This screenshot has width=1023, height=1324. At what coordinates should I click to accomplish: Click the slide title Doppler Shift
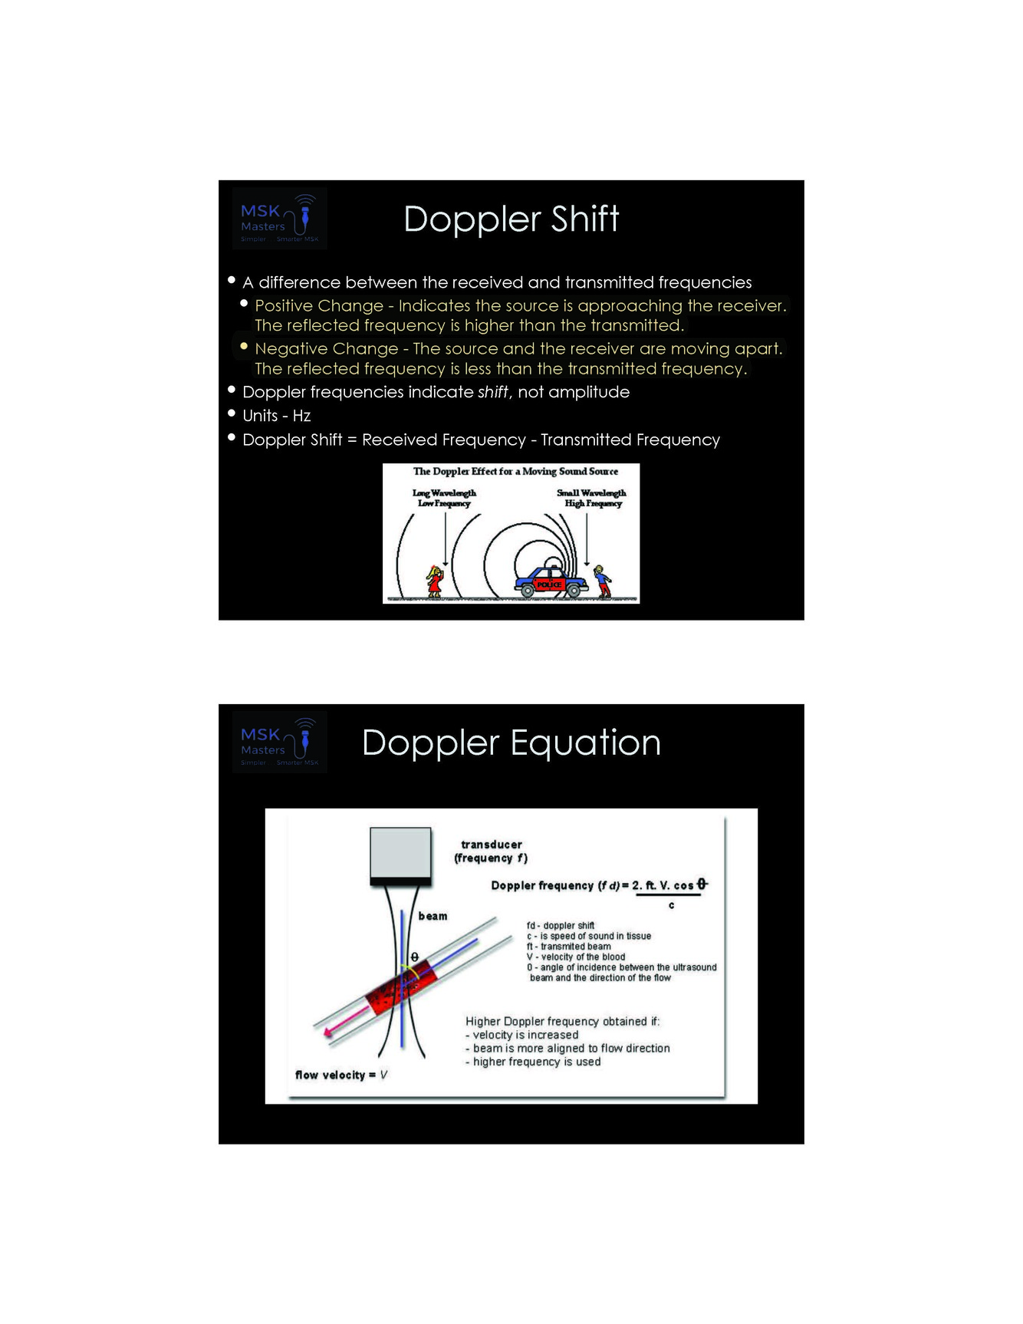511,219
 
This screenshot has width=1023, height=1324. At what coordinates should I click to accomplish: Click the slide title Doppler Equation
511,743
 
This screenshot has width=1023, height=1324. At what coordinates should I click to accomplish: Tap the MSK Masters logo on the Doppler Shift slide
280,219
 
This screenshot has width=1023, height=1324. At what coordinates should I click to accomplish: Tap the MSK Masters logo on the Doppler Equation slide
280,742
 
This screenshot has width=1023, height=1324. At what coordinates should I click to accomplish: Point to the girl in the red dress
435,581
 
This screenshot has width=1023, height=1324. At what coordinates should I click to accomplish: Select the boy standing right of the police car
603,581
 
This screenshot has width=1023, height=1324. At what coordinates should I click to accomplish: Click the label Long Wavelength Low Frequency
444,498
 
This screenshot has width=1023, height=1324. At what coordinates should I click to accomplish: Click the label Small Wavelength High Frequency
592,498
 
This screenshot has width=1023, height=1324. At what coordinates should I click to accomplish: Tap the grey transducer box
400,853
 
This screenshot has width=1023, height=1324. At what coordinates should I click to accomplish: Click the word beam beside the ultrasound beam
433,916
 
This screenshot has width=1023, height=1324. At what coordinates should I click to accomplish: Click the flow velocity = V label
341,1075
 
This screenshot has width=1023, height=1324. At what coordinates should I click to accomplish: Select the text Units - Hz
276,416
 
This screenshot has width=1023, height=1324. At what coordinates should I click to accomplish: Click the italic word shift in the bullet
492,392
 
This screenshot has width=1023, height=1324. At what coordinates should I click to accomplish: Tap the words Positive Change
319,306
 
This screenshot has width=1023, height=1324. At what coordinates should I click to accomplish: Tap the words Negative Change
326,349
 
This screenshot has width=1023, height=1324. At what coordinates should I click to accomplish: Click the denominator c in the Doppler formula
672,905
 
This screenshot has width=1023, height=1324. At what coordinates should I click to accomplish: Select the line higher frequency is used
536,1062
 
